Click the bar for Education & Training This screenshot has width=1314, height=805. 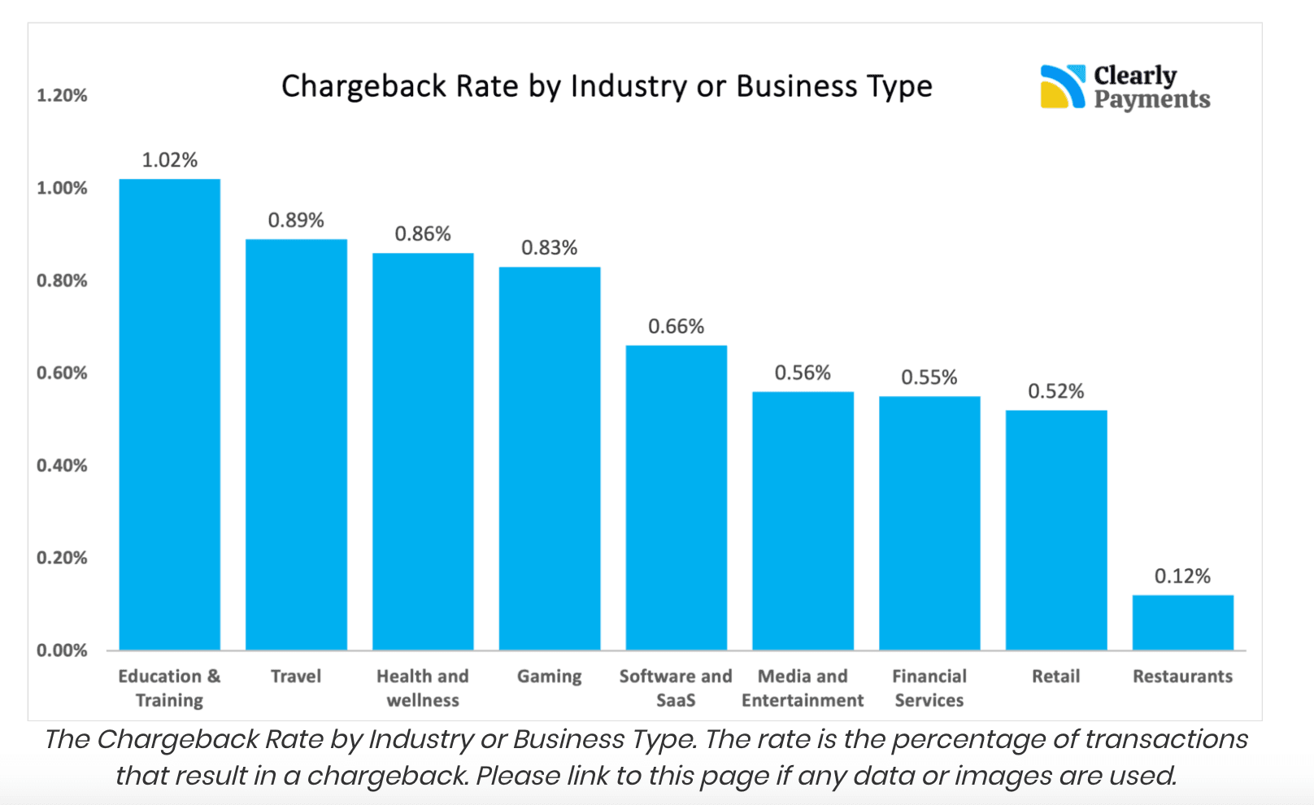tap(169, 415)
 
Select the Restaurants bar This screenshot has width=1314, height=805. tap(1182, 623)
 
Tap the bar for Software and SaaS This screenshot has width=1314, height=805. tap(676, 498)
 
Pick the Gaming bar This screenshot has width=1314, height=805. tap(550, 459)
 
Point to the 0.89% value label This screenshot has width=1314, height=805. tap(296, 220)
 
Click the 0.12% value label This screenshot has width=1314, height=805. tap(1182, 577)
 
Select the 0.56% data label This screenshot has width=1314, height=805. tap(803, 373)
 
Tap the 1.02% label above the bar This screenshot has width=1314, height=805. tap(169, 160)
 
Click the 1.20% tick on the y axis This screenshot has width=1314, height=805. tap(62, 96)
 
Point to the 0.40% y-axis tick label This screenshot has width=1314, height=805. tap(62, 466)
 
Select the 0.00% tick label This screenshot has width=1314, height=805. tap(62, 651)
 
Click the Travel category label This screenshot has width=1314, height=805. tap(296, 677)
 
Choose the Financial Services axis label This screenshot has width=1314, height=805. tap(929, 688)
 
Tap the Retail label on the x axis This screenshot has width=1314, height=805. tap(1055, 677)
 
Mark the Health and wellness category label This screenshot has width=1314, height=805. tap(423, 688)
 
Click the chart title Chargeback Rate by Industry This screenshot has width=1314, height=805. tap(607, 86)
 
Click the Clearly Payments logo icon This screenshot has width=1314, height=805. tap(1062, 86)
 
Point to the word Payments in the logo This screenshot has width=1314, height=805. tap(1151, 100)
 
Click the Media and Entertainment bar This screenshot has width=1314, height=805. tap(803, 520)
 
